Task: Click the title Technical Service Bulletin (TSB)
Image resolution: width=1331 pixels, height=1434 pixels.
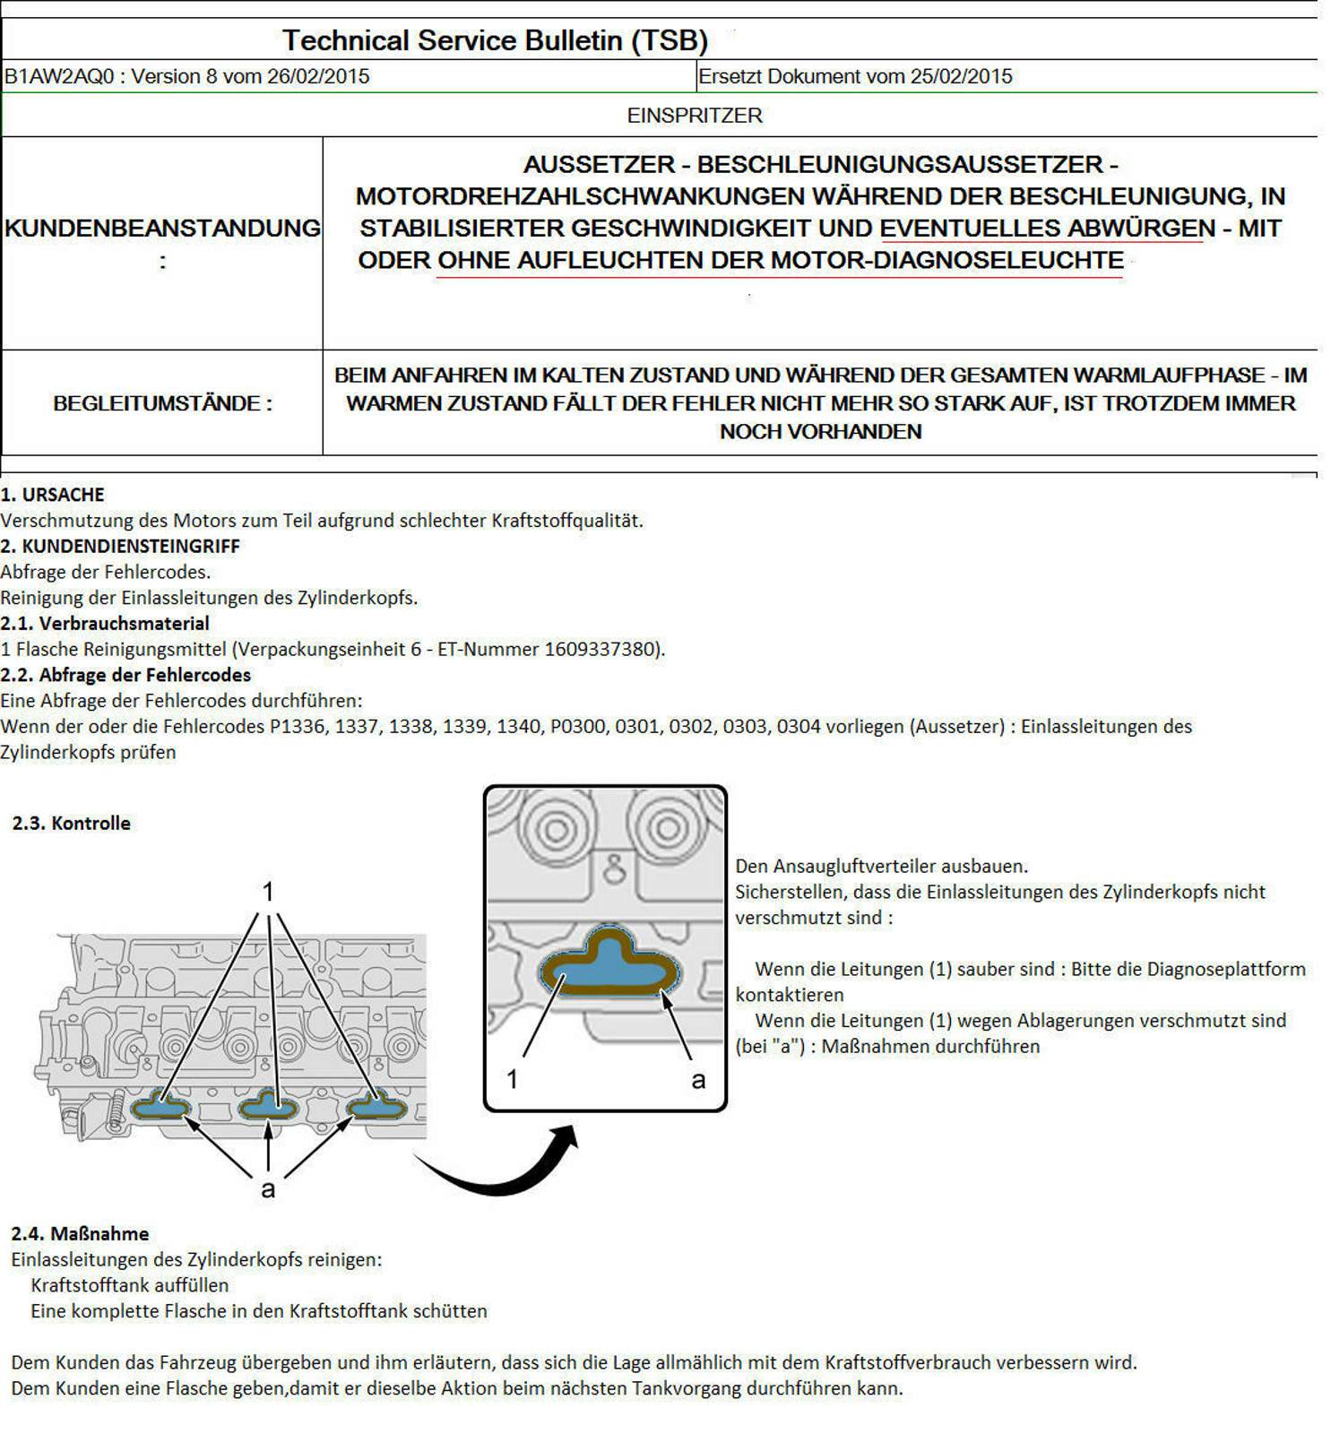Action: (495, 40)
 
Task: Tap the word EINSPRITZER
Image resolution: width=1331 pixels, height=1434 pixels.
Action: (695, 116)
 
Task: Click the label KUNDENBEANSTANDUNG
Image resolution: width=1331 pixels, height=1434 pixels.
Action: (162, 229)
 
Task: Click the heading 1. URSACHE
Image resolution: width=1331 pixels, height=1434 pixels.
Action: (52, 495)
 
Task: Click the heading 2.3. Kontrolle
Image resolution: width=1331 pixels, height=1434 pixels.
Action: (72, 823)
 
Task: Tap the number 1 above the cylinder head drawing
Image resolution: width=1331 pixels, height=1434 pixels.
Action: (267, 892)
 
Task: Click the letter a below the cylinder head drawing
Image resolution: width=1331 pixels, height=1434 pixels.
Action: (267, 1189)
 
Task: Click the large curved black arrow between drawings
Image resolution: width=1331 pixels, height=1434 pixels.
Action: (502, 1170)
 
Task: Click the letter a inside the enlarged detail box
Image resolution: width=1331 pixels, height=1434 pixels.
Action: (698, 1080)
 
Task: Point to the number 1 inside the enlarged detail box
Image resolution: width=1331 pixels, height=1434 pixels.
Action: (512, 1079)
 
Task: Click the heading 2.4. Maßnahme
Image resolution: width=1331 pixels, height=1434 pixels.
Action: (80, 1233)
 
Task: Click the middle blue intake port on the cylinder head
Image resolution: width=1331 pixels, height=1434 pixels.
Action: (267, 1108)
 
